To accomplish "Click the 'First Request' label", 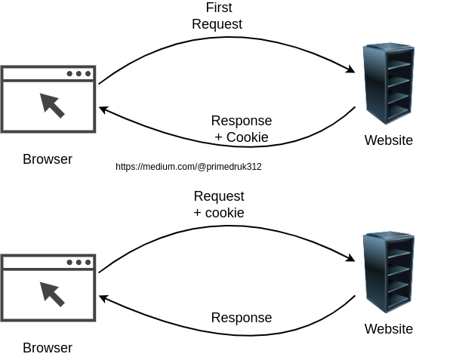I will tap(218, 16).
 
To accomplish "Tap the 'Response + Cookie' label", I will tap(241, 129).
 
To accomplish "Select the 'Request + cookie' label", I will tap(218, 205).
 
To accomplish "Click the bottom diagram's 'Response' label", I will tap(241, 318).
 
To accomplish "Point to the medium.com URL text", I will tap(188, 167).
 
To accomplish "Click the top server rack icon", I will tap(387, 83).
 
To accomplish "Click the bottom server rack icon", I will tap(387, 272).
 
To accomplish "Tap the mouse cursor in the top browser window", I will tap(51, 105).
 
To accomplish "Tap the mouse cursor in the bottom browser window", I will tap(51, 294).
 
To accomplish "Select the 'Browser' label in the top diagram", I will tap(48, 159).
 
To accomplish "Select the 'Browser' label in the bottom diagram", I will tap(48, 348).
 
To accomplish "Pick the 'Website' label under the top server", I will tap(388, 140).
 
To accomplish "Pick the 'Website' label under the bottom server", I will tap(388, 329).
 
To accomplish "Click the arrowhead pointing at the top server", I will tap(351, 70).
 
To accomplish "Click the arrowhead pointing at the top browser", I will tap(104, 110).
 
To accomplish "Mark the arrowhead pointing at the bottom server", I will tap(351, 259).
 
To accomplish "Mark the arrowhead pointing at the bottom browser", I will tap(104, 299).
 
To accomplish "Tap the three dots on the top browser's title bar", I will tap(79, 74).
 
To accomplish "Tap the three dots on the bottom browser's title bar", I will tap(79, 263).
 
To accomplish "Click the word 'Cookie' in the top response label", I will tap(247, 137).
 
